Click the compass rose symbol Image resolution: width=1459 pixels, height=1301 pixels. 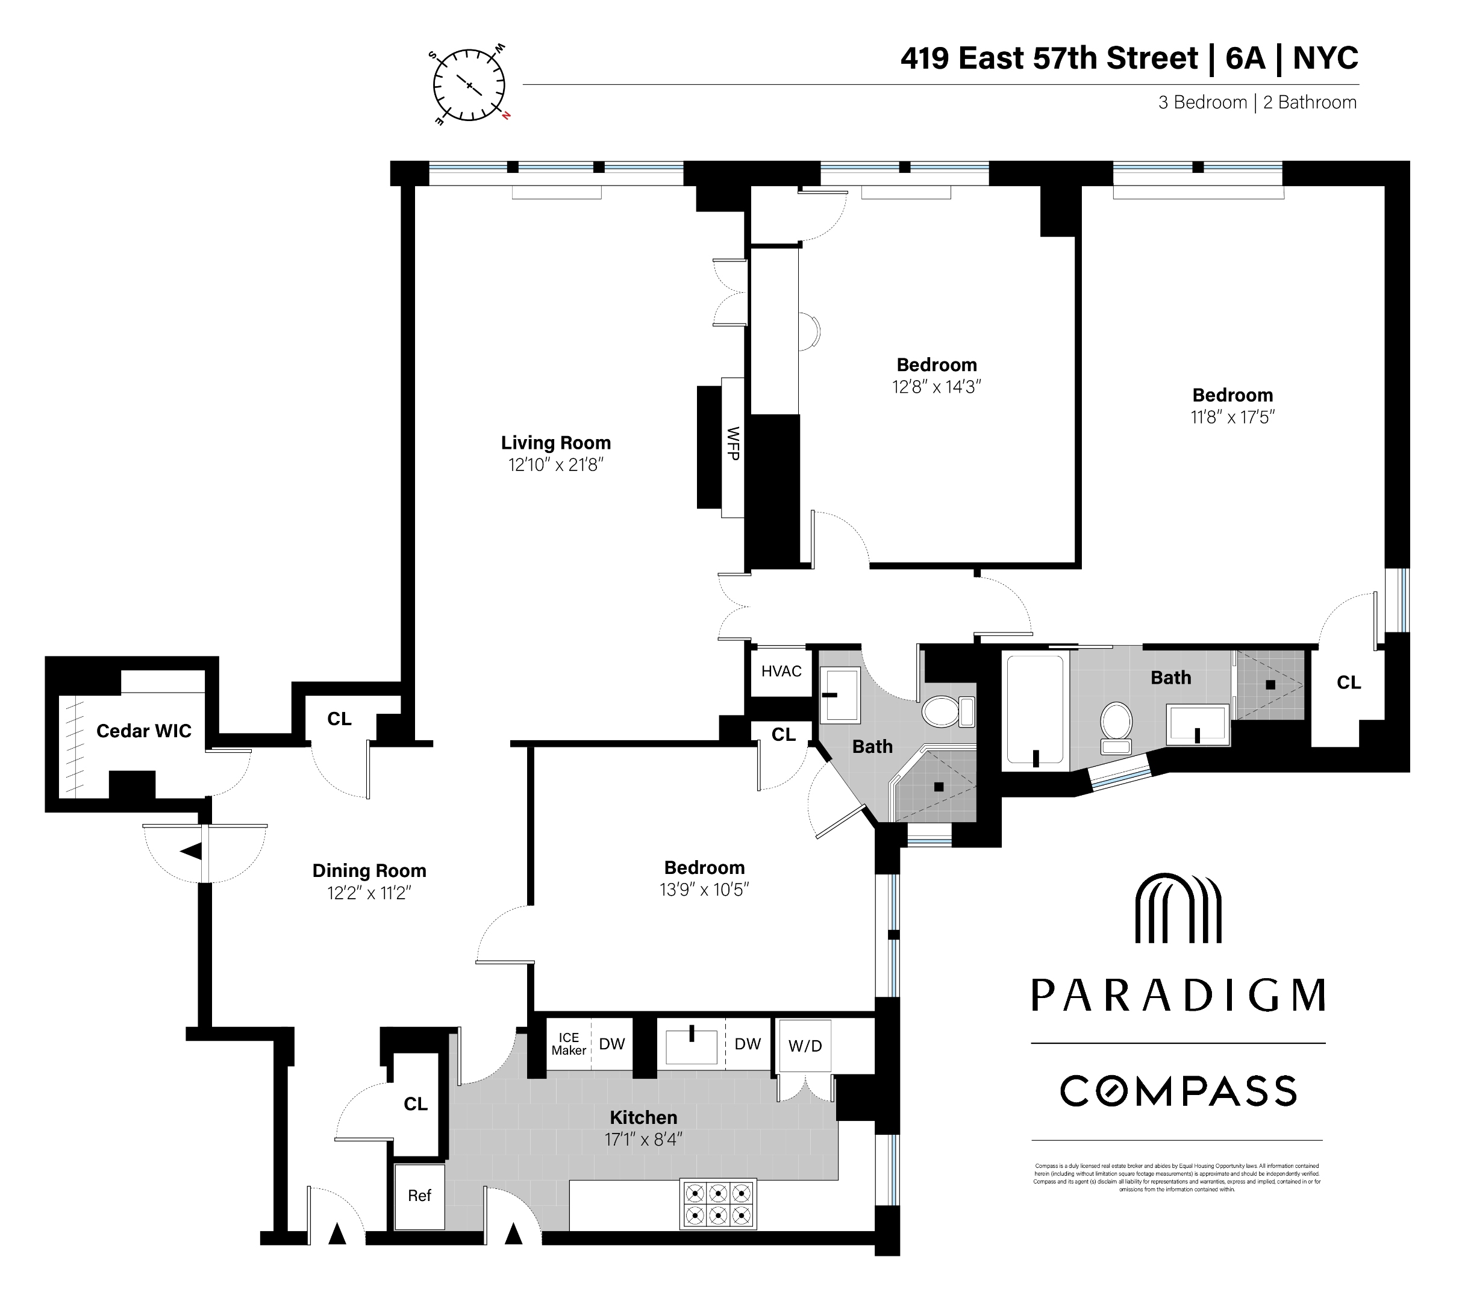click(469, 85)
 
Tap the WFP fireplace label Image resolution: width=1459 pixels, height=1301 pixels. click(733, 443)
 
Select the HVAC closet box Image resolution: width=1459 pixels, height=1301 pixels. click(781, 671)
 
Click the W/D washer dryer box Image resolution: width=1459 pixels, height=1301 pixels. click(805, 1046)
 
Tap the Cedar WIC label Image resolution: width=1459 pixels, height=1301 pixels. click(144, 731)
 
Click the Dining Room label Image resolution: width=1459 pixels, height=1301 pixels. click(369, 871)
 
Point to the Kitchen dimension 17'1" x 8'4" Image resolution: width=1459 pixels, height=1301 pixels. click(643, 1140)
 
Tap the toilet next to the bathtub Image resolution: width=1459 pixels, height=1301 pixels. click(1116, 726)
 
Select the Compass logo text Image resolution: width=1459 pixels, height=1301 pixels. click(1178, 1091)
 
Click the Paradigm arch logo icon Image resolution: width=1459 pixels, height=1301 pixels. click(1178, 908)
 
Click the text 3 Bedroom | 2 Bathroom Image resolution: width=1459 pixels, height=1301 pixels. click(1257, 103)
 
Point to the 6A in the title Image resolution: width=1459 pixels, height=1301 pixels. click(1245, 58)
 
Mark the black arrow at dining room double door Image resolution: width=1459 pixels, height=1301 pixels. click(191, 852)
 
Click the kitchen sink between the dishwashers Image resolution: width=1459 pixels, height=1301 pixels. click(692, 1046)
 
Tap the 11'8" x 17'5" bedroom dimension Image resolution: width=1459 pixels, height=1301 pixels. click(1232, 417)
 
